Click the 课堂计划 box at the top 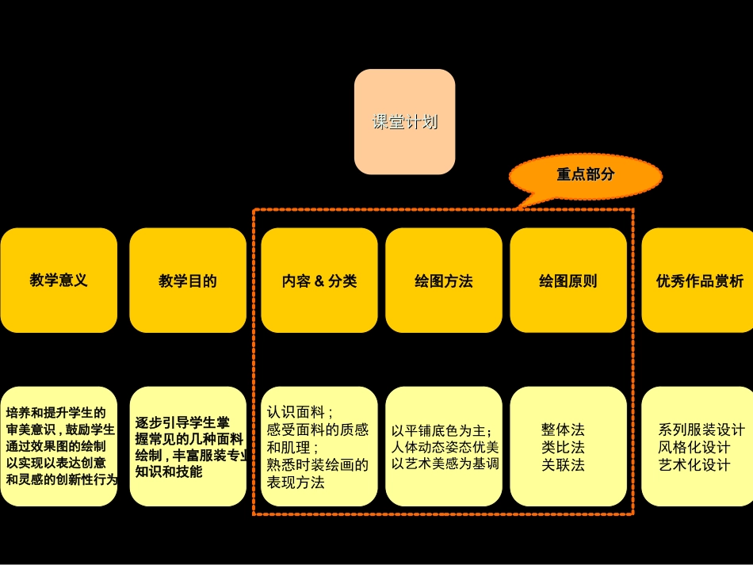pos(404,122)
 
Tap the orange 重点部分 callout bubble pos(585,175)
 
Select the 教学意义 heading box pos(59,281)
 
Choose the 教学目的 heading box pos(188,281)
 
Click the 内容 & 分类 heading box pos(319,281)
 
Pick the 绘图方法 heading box pos(444,281)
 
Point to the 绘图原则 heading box pos(568,281)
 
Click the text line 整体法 pos(563,429)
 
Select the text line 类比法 pos(563,448)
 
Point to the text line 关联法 pos(563,465)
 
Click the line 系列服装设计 pos(701,429)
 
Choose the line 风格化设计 pos(694,448)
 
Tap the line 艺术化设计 pos(694,465)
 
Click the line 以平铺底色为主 pos(441,431)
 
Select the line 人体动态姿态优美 pos(445,447)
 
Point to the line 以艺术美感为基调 pos(445,464)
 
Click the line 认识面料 pos(300,412)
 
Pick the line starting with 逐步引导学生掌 pos(182,423)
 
